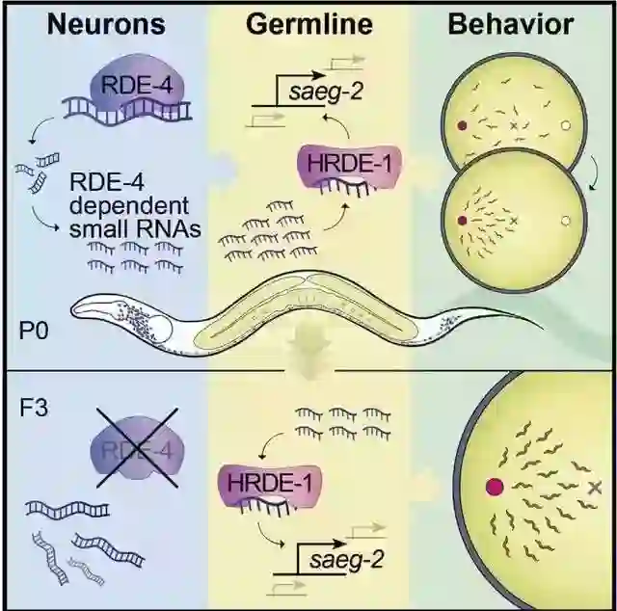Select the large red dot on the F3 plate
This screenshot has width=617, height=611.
[496, 488]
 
